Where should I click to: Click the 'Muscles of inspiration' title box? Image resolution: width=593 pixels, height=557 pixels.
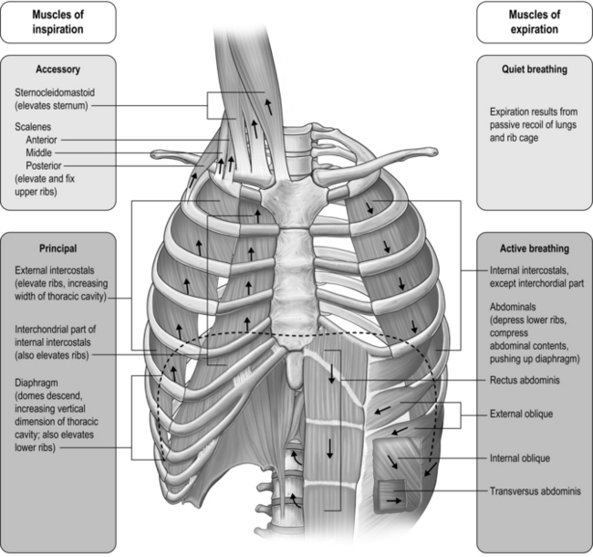coord(58,21)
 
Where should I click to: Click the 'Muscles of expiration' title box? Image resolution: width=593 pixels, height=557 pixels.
coord(534,21)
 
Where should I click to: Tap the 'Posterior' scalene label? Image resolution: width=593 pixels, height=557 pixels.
coord(48,166)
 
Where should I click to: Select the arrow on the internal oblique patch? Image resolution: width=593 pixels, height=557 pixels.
coord(399,462)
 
